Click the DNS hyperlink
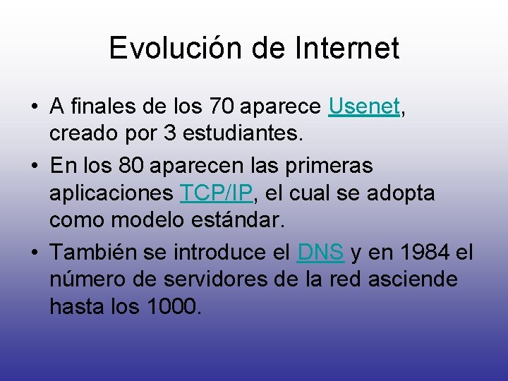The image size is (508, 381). (320, 251)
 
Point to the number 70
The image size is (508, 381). (222, 107)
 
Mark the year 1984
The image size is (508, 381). (421, 251)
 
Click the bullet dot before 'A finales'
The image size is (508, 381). (34, 108)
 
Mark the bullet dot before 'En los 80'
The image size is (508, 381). (34, 166)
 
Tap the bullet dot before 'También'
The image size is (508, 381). (34, 252)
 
